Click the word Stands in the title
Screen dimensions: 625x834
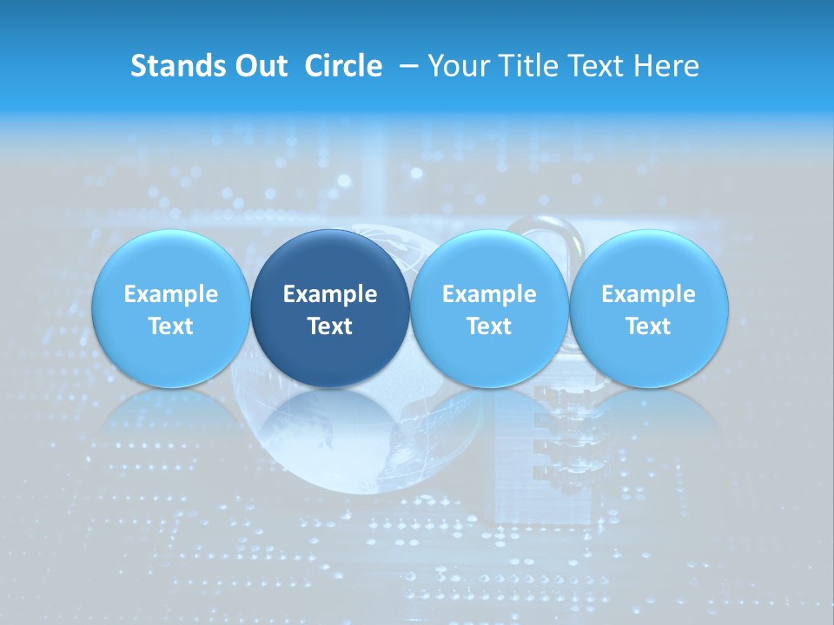[178, 66]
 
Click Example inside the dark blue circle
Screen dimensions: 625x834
[330, 294]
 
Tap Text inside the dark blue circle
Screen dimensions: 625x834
[330, 326]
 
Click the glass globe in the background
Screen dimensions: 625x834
[365, 443]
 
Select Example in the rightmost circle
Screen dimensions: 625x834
[649, 294]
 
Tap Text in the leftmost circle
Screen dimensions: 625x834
[170, 326]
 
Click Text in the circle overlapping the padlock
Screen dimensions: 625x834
[489, 326]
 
